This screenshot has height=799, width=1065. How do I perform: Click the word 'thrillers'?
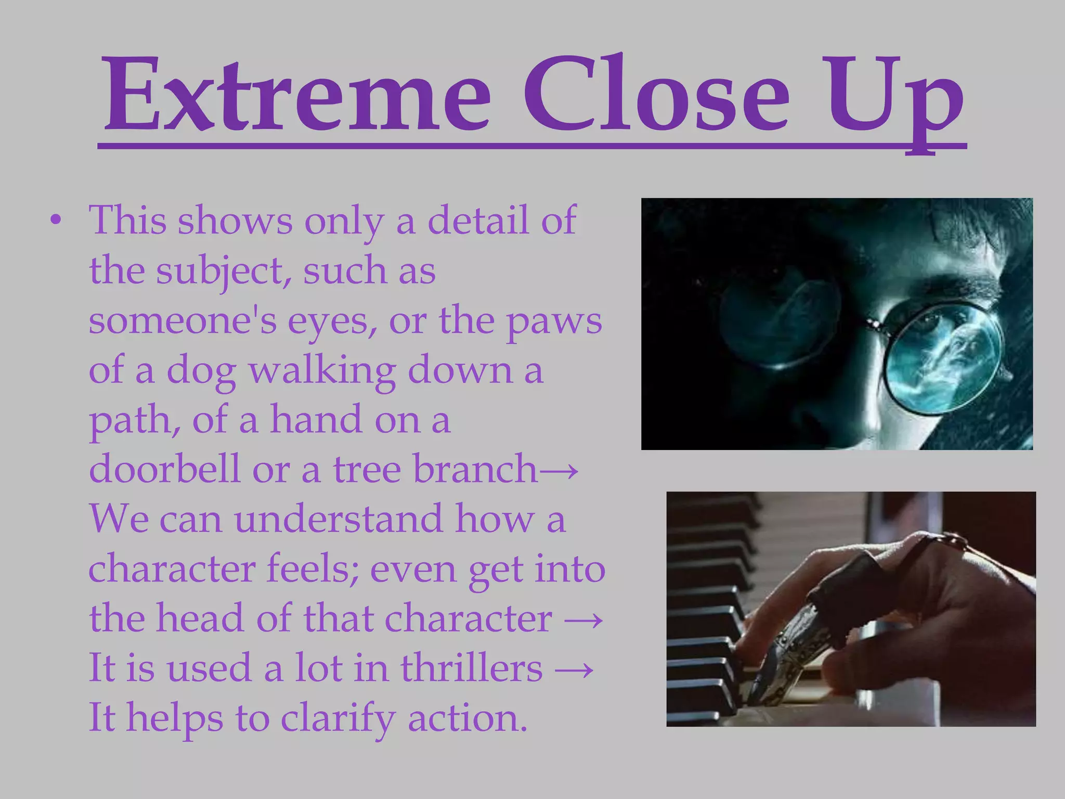(471, 668)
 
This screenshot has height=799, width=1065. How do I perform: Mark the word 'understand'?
(338, 519)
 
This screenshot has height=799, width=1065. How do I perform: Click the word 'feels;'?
(312, 569)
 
